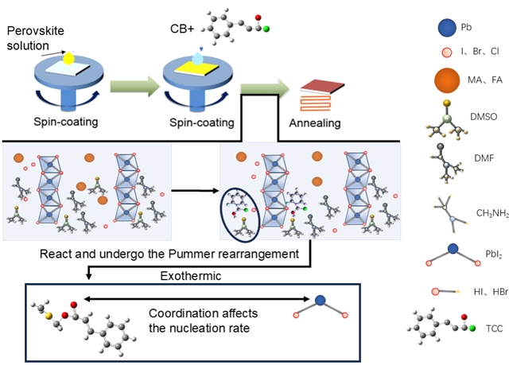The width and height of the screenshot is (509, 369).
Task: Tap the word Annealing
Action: tap(315, 123)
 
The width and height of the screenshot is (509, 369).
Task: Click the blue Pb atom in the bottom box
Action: tap(321, 301)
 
